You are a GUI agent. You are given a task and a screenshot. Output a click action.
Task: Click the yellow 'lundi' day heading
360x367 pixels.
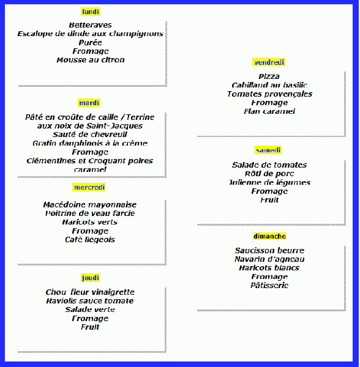91,12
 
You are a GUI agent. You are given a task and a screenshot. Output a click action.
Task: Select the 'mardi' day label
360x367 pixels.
89,103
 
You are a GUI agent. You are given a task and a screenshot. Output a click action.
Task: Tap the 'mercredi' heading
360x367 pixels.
89,187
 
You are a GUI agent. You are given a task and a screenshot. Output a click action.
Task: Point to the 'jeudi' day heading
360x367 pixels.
91,278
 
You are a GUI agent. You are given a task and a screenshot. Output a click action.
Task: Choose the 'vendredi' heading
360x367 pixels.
269,62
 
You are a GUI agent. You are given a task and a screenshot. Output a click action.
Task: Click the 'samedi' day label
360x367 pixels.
268,150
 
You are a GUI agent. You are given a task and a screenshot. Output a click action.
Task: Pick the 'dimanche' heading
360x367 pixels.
269,236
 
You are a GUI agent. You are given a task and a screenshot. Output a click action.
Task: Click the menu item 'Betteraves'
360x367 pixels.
90,25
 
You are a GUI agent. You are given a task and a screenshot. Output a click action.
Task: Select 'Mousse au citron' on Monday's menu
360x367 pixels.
91,60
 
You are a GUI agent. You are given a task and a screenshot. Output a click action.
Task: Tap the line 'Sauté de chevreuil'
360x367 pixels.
90,135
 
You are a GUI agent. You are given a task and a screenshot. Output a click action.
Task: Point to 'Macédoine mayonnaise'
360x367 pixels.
90,204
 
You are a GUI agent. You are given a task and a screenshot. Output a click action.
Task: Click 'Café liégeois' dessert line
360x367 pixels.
90,239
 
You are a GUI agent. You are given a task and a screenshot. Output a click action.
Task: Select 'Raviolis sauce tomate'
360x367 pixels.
90,300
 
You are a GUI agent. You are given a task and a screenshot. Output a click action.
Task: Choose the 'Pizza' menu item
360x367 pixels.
269,76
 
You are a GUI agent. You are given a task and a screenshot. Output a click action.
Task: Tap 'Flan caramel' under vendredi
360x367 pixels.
269,111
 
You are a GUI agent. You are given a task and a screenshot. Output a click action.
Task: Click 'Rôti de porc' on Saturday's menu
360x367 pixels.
269,174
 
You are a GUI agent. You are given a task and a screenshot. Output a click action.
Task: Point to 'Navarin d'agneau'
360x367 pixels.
269,259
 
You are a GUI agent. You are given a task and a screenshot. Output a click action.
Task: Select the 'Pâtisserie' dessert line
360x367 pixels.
269,285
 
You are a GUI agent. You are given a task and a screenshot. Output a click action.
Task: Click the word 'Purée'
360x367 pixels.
90,42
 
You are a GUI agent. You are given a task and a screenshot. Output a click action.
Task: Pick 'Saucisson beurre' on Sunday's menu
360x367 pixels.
269,250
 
